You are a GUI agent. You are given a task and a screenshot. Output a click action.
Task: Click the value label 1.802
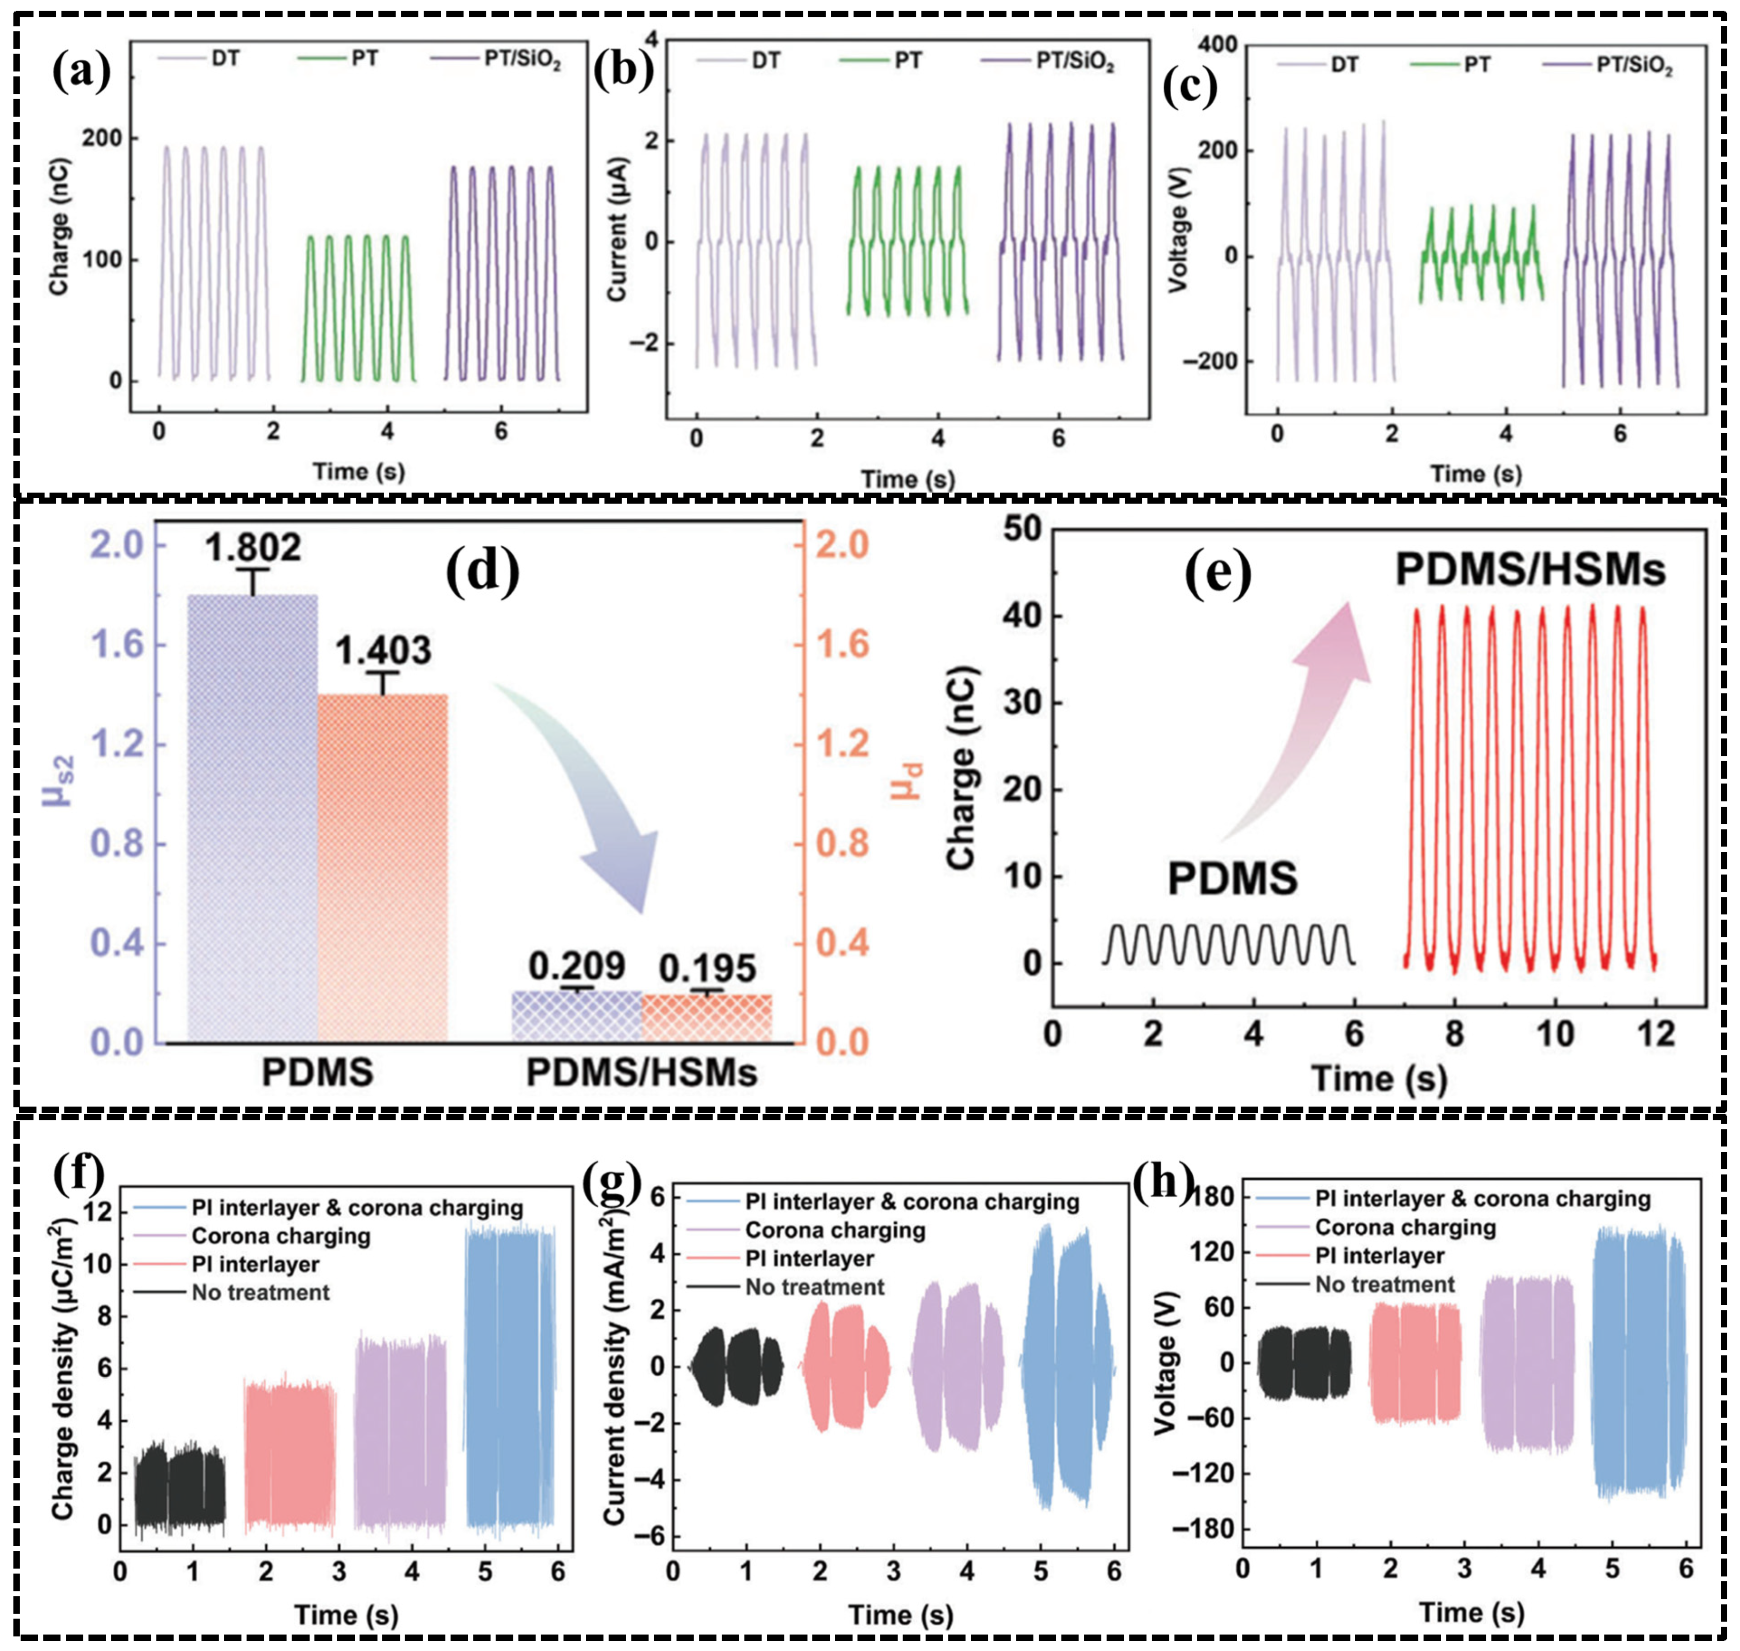coord(254,548)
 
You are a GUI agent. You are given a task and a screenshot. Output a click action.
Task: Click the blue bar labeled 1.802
coord(254,818)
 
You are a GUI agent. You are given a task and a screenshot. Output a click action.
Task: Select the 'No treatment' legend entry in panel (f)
coord(260,1293)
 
